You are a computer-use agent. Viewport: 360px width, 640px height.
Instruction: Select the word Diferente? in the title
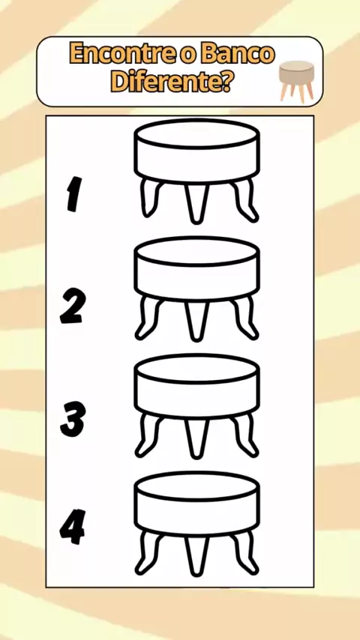172,82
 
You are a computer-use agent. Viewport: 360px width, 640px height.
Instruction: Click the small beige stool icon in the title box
297,81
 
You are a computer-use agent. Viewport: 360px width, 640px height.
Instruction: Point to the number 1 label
74,194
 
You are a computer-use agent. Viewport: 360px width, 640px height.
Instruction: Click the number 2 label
73,306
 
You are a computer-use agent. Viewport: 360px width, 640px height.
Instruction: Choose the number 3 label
73,419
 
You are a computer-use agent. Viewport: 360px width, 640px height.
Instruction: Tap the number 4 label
73,527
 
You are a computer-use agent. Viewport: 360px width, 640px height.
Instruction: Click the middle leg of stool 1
196,203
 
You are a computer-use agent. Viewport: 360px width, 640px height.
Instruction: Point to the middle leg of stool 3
196,438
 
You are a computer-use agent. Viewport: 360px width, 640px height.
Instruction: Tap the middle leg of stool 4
196,555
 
